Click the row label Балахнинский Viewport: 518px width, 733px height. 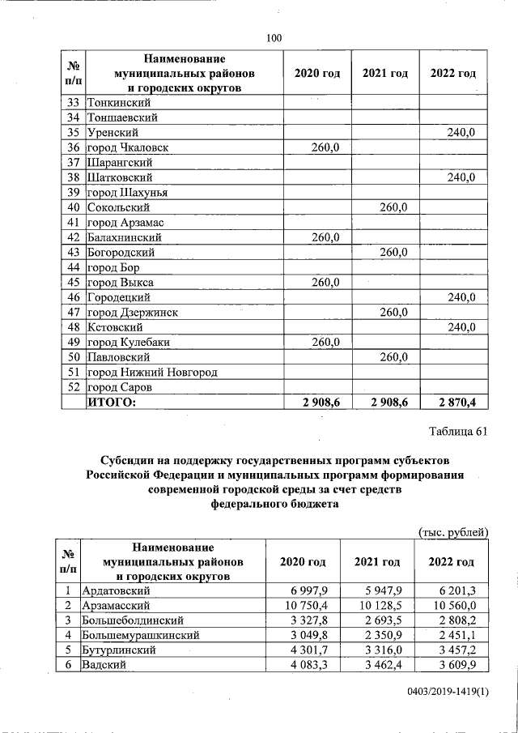125,238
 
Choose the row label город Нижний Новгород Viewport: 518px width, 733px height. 152,373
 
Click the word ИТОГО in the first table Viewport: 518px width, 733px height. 112,402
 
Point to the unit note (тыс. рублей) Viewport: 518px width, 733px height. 452,531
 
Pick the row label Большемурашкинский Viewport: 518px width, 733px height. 142,635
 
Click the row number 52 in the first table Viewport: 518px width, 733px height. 73,387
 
